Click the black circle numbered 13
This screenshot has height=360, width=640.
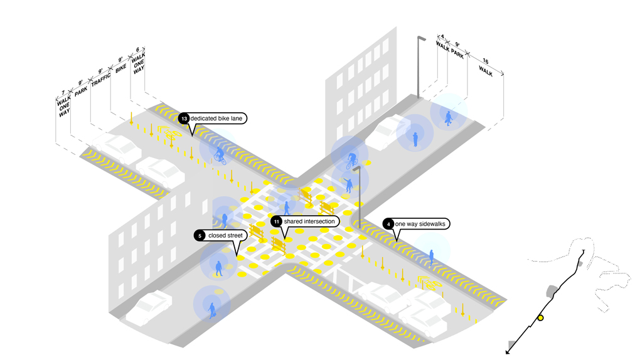pyautogui.click(x=184, y=119)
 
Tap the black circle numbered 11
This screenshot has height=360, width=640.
pyautogui.click(x=277, y=221)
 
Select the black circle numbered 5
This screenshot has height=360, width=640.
pyautogui.click(x=200, y=236)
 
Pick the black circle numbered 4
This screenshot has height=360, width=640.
pyautogui.click(x=389, y=224)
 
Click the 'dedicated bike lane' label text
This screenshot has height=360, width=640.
pyautogui.click(x=218, y=119)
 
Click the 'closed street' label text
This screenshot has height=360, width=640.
pyautogui.click(x=223, y=236)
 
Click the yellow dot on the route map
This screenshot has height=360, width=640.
pyautogui.click(x=540, y=318)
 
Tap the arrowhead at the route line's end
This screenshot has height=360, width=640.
pyautogui.click(x=508, y=353)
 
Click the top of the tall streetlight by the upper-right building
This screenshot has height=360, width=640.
pyautogui.click(x=421, y=38)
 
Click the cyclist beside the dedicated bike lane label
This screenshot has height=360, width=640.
pyautogui.click(x=219, y=154)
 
